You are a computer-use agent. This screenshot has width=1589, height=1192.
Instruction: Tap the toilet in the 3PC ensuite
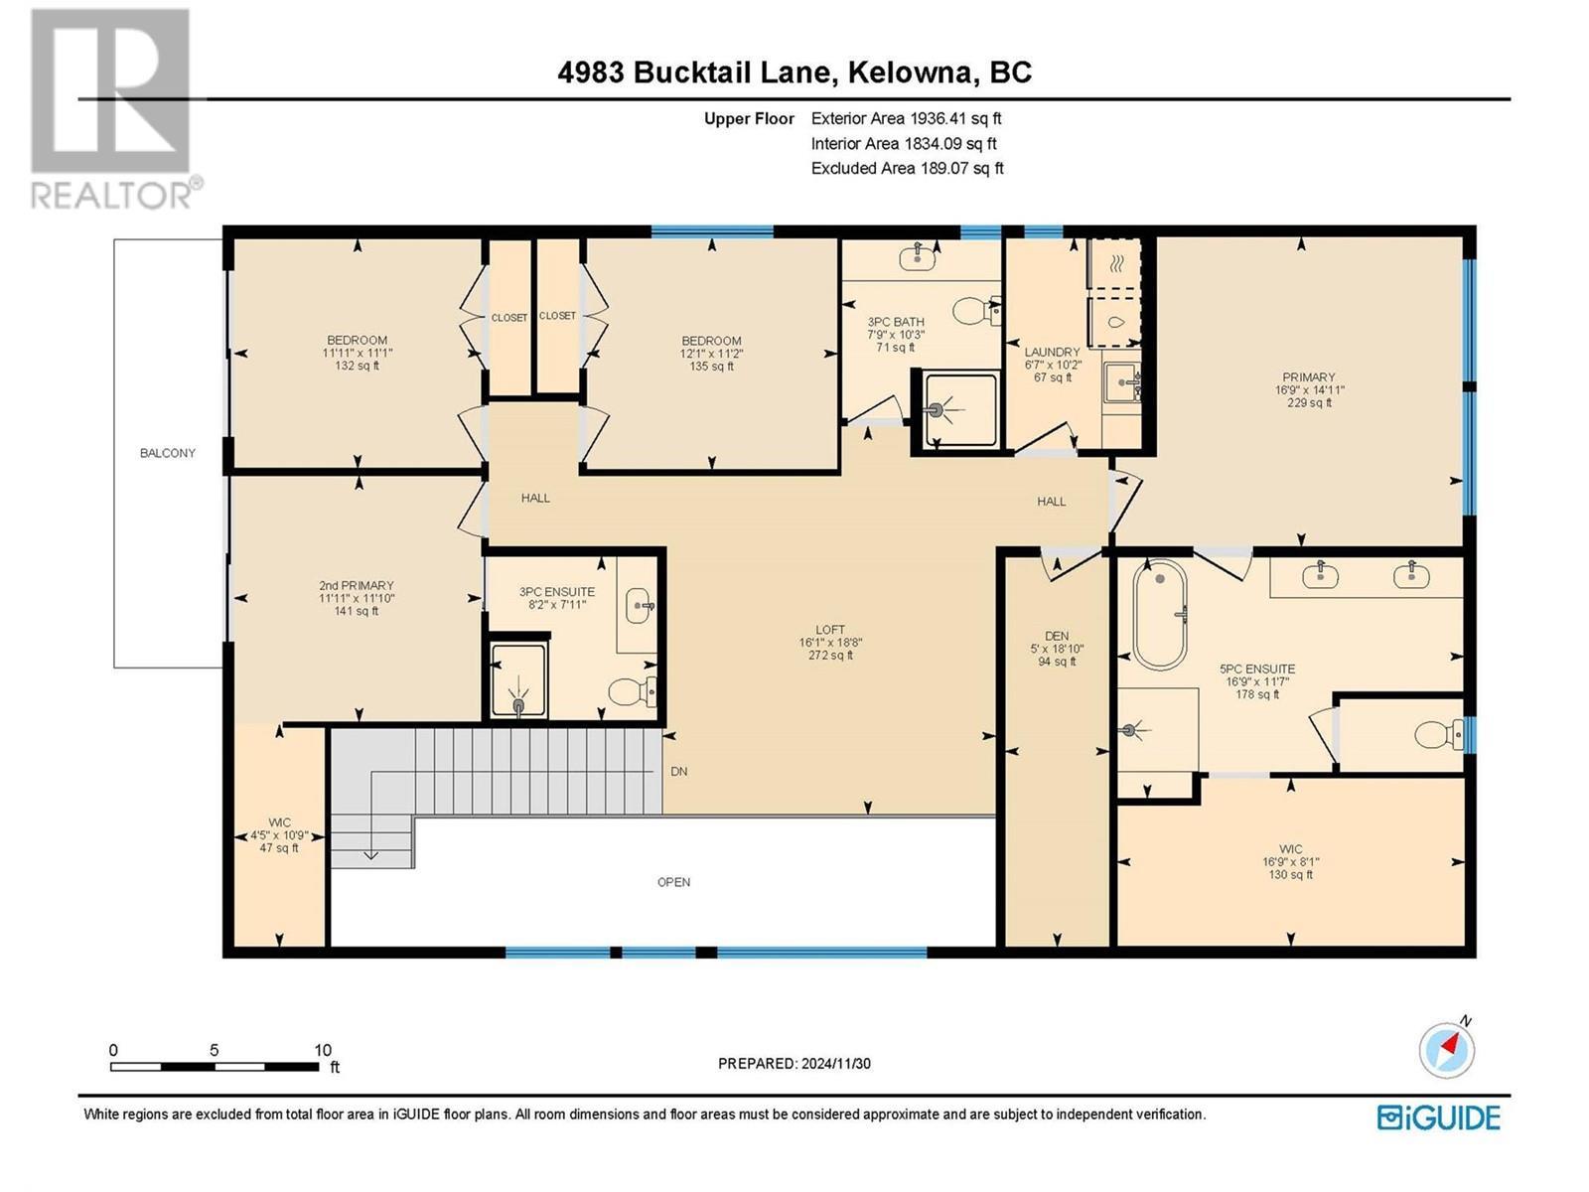(630, 690)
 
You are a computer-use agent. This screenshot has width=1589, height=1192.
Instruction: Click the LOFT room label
(830, 630)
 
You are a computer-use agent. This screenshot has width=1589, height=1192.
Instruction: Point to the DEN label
(1057, 636)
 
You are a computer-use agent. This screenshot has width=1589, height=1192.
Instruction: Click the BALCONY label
(167, 453)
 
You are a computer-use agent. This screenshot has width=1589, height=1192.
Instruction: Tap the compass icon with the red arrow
(1447, 1049)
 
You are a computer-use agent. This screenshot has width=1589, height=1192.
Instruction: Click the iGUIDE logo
(1438, 1117)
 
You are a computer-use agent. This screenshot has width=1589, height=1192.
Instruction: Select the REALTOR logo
(111, 109)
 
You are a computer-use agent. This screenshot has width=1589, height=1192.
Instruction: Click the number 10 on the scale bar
(322, 1050)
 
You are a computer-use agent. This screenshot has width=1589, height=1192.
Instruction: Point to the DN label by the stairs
(679, 771)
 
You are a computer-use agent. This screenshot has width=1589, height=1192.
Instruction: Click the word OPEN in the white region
(673, 882)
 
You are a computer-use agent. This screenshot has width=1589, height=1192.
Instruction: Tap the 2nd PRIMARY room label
(357, 586)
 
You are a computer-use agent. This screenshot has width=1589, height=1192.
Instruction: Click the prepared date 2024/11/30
(834, 1063)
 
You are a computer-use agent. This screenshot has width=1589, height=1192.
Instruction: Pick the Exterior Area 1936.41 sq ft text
(906, 118)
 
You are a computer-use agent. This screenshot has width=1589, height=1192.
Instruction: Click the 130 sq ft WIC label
(1290, 874)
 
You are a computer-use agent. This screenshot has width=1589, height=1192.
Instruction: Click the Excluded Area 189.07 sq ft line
(907, 168)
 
